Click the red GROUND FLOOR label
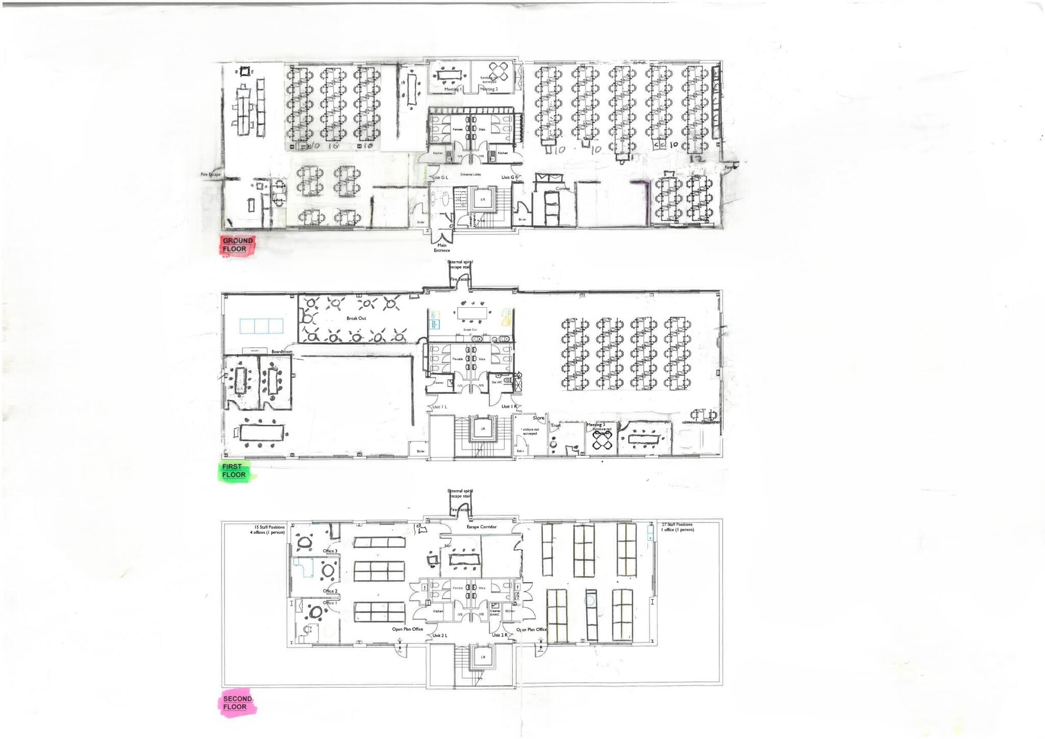(237, 245)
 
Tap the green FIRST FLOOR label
(234, 471)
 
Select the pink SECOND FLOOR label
(237, 703)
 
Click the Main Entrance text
(442, 248)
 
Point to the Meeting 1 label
(453, 89)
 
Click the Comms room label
(563, 188)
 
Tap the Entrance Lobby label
(470, 175)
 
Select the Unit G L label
(440, 178)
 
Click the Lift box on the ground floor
(482, 199)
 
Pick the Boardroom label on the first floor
(282, 352)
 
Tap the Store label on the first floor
(538, 418)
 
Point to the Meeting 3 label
(595, 425)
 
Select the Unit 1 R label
(509, 407)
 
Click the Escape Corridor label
(481, 527)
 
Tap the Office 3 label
(330, 551)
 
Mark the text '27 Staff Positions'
(677, 525)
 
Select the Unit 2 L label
(440, 635)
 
